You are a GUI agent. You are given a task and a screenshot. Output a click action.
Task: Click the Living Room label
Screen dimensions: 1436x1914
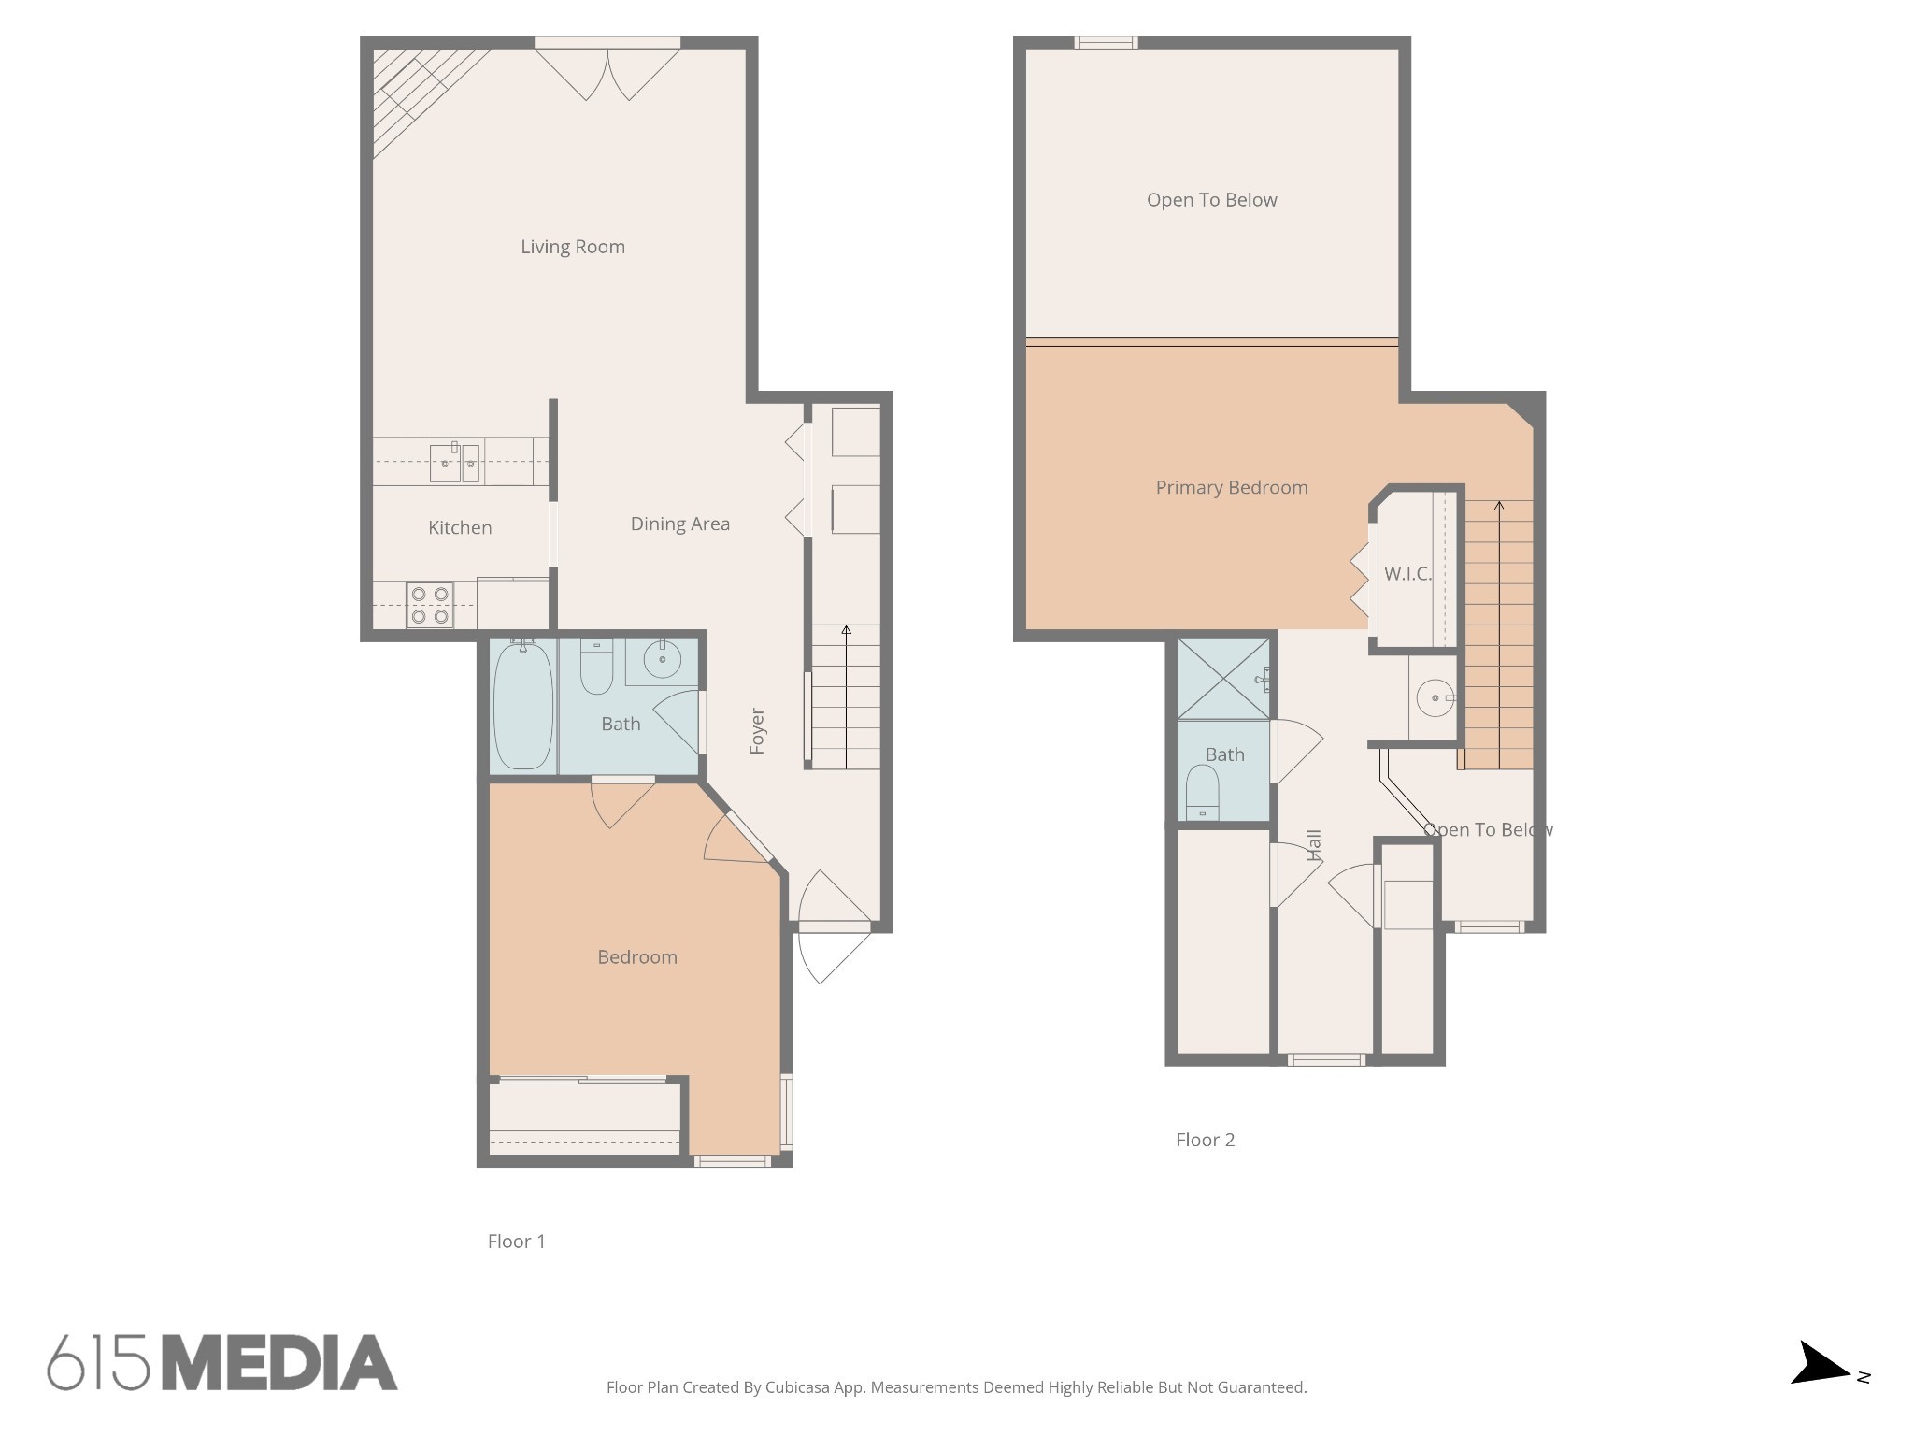(x=572, y=247)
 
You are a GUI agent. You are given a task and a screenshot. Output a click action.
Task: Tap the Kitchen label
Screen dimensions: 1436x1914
(x=460, y=527)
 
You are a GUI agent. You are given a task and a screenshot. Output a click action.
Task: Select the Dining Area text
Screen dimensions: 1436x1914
(x=679, y=524)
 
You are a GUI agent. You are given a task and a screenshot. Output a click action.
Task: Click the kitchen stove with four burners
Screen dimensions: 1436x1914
(x=430, y=605)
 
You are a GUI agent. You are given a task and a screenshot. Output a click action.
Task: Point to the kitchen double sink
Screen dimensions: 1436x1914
(x=455, y=463)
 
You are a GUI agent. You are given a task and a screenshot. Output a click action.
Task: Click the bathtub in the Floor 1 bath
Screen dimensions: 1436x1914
(x=522, y=705)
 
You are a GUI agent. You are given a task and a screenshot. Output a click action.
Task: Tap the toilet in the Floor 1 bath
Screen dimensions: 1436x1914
(x=596, y=667)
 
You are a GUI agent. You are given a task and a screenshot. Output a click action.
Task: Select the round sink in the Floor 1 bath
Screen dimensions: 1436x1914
(x=662, y=660)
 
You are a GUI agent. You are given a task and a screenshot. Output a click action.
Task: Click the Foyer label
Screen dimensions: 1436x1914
(x=757, y=731)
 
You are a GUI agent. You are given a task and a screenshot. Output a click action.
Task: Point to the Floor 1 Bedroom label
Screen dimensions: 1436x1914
(x=637, y=957)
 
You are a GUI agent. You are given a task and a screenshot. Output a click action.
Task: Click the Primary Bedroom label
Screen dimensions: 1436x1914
(x=1231, y=487)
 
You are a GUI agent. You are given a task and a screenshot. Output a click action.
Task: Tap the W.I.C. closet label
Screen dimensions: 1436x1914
(x=1407, y=574)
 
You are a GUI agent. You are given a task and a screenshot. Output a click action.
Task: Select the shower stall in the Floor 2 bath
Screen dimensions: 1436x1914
(x=1223, y=679)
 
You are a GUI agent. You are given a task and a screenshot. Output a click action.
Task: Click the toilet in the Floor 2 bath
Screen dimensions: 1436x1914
(x=1202, y=791)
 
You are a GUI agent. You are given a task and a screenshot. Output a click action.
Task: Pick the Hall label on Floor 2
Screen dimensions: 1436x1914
(x=1314, y=844)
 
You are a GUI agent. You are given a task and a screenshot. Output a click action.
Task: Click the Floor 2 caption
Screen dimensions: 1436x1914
(x=1205, y=1140)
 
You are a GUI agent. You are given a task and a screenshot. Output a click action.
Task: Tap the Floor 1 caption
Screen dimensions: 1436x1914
(x=516, y=1242)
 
